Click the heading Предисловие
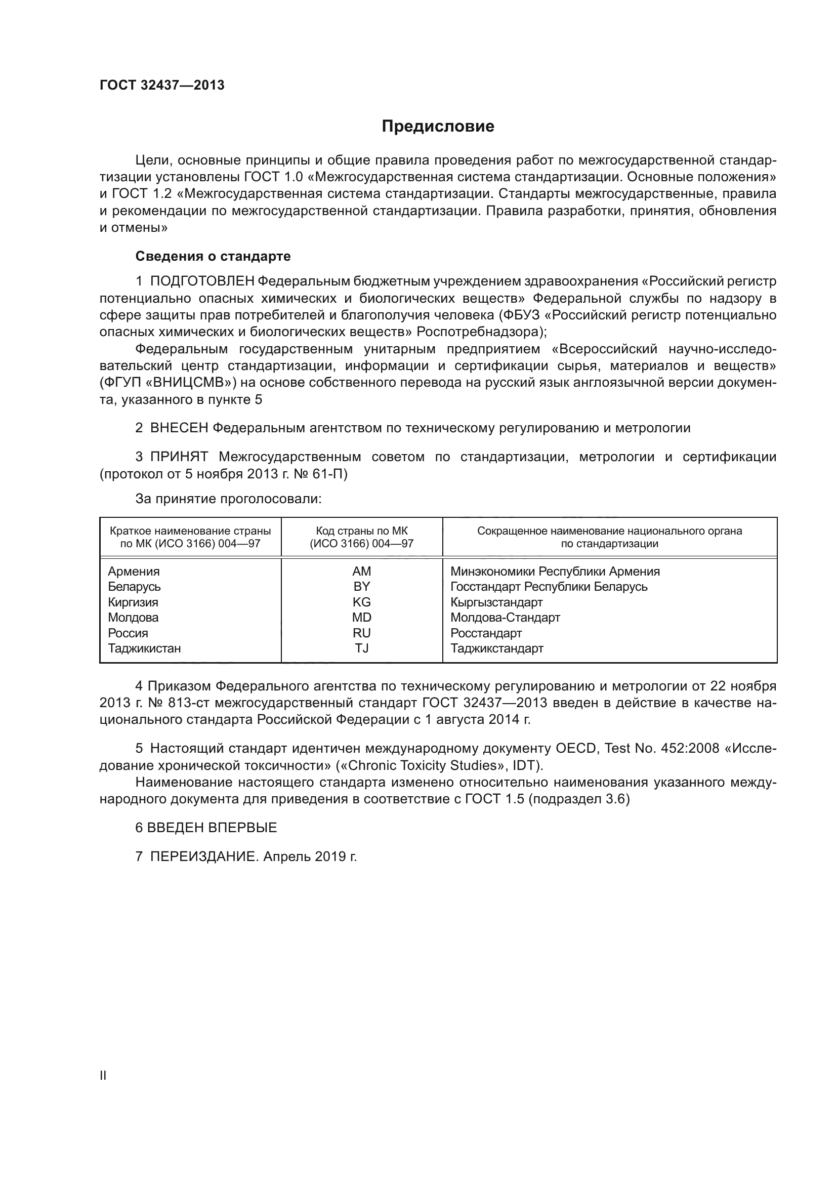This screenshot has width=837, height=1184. coord(438,127)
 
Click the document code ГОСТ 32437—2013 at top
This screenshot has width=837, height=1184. coord(162,85)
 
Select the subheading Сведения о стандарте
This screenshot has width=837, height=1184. coord(213,256)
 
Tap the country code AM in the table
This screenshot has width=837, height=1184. coord(361,571)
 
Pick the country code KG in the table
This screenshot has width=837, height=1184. coord(361,602)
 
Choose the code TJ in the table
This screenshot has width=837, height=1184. coord(361,648)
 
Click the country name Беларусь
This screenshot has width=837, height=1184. coord(134,587)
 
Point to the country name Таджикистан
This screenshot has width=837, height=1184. coord(144,648)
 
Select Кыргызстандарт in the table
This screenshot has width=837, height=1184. coord(496,602)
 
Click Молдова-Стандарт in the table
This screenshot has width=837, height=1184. coord(505,617)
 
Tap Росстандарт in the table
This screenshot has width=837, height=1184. coord(486,633)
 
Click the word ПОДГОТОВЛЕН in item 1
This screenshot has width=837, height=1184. coord(202,281)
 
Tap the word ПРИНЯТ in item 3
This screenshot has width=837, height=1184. coord(179,457)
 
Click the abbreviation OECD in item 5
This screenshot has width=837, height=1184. coord(575,748)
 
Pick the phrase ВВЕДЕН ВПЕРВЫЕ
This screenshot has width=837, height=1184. coord(212,828)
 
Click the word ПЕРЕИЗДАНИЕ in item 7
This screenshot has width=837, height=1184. coord(203,856)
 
